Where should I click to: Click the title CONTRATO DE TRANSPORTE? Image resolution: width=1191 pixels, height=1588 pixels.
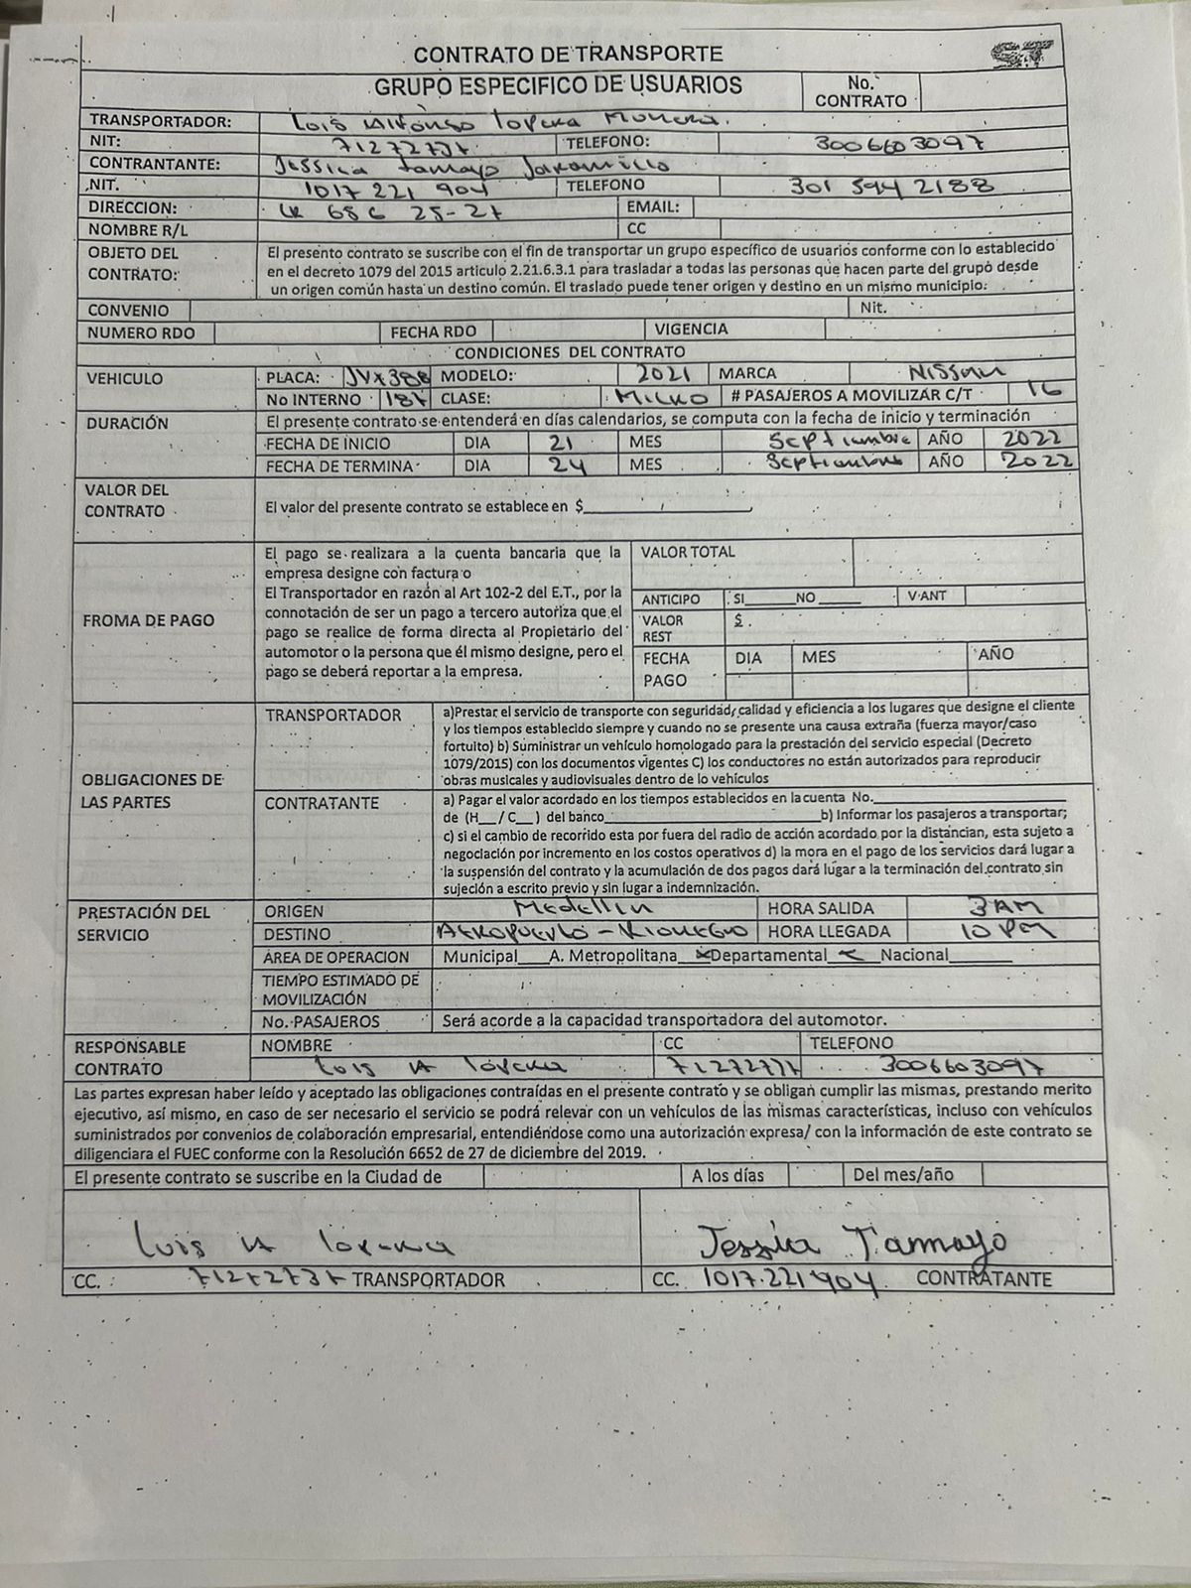tap(568, 55)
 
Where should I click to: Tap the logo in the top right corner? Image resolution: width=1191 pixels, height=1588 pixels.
tap(1021, 55)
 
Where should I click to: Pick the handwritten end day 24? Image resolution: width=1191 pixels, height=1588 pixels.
tap(567, 465)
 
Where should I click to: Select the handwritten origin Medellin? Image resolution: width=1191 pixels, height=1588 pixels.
tap(584, 908)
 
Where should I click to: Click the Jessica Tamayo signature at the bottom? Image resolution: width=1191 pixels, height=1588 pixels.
tap(852, 1240)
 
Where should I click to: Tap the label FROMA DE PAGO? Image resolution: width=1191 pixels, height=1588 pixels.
tap(149, 620)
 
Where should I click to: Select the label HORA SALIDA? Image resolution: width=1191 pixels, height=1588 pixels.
tap(821, 908)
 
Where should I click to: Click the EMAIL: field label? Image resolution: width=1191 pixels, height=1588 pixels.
tap(653, 207)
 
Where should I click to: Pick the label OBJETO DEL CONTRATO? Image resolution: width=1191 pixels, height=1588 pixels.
tap(133, 263)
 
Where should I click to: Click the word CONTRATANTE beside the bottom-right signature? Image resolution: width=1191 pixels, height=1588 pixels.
tap(983, 1279)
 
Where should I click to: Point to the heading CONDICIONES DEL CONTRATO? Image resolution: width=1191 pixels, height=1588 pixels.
tap(570, 351)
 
